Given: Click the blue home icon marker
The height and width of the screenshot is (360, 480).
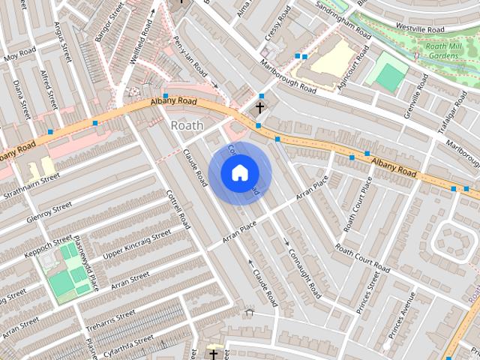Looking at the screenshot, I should [239, 172].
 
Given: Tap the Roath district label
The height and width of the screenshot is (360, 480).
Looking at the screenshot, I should [187, 124].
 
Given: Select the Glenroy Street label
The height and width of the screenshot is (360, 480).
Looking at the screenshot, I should [49, 211].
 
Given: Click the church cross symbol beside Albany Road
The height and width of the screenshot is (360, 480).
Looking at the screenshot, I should [259, 108].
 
